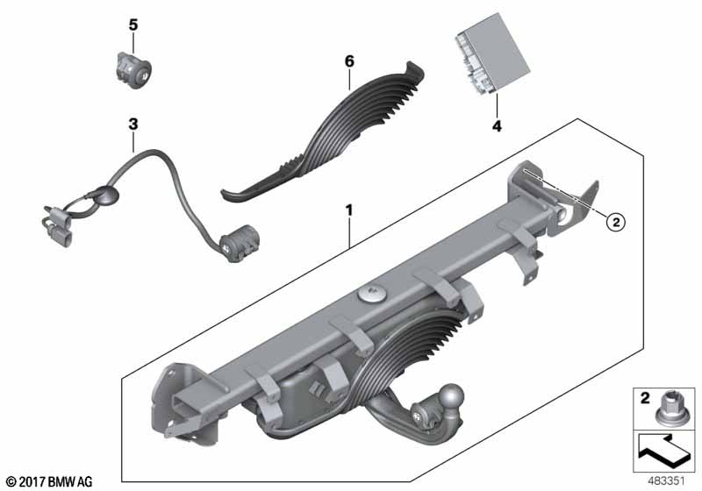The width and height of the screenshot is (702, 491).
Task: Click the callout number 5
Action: point(133,25)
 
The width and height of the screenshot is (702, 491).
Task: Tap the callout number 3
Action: point(133,124)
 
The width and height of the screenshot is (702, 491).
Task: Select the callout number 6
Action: point(349,61)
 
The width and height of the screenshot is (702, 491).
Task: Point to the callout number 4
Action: point(497,125)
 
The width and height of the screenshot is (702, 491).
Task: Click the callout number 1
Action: point(348,210)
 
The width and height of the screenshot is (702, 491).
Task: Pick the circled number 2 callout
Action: point(616,221)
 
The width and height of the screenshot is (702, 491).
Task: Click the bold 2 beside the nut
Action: point(645,397)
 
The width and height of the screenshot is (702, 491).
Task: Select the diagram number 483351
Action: point(667,481)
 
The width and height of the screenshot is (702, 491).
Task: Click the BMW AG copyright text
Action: point(50,481)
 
